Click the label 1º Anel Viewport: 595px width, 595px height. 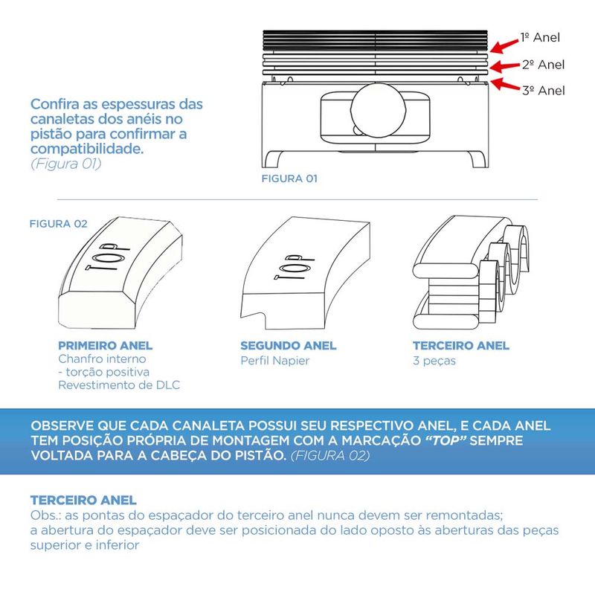click(539, 37)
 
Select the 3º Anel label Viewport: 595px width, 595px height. click(542, 91)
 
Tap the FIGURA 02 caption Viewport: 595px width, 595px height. click(58, 224)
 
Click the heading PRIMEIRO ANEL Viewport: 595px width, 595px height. click(105, 346)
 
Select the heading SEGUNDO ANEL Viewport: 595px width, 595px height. click(289, 346)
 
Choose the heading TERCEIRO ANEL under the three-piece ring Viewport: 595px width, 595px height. click(461, 346)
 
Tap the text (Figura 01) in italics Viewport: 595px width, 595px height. click(65, 164)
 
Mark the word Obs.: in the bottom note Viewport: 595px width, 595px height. click(47, 516)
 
